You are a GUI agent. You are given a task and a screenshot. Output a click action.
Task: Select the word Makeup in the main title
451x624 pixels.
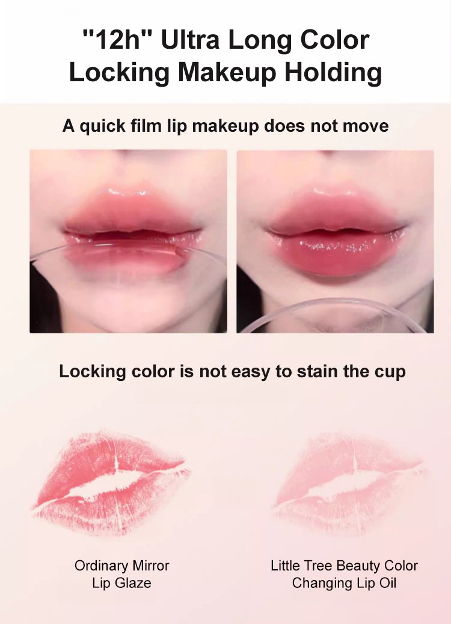(x=227, y=72)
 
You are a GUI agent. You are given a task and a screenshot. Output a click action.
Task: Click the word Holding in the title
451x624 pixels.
(x=333, y=72)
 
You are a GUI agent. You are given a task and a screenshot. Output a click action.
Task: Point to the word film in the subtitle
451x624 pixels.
(x=147, y=126)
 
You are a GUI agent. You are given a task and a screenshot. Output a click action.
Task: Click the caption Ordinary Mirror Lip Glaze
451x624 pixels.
(x=121, y=574)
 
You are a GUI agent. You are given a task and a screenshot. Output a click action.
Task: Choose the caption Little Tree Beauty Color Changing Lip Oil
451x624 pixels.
(x=344, y=574)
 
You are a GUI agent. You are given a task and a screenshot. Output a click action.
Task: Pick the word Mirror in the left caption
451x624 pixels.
(x=151, y=566)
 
